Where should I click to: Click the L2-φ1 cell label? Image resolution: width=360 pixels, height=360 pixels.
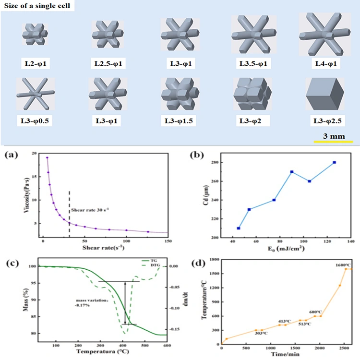pyautogui.click(x=36, y=63)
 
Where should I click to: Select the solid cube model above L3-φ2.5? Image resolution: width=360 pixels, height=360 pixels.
pyautogui.click(x=325, y=94)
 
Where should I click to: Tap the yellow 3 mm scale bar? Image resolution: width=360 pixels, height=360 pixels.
pyautogui.click(x=334, y=142)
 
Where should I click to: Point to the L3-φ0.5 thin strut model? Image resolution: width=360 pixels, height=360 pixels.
pyautogui.click(x=36, y=94)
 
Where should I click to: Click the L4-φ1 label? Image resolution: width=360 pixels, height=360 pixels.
pyautogui.click(x=326, y=63)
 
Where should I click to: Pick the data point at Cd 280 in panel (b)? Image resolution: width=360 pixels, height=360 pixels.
pyautogui.click(x=334, y=162)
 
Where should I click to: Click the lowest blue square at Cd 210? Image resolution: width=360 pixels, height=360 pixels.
pyautogui.click(x=239, y=228)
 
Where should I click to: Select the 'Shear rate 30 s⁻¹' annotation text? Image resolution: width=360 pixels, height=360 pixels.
pyautogui.click(x=90, y=210)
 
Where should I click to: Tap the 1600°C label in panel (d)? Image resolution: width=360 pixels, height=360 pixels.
pyautogui.click(x=344, y=265)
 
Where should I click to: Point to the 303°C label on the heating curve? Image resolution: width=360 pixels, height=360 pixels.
pyautogui.click(x=261, y=333)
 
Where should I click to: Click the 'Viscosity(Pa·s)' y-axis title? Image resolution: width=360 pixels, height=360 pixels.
pyautogui.click(x=27, y=195)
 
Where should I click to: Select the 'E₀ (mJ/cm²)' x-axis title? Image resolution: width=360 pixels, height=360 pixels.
pyautogui.click(x=286, y=249)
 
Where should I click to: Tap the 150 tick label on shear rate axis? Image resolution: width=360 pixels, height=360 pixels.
pyautogui.click(x=168, y=241)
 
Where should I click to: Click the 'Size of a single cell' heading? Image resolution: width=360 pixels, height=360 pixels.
pyautogui.click(x=37, y=6)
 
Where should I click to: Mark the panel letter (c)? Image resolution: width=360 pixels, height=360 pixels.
pyautogui.click(x=12, y=263)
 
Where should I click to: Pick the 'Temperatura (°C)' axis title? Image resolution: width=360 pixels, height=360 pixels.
pyautogui.click(x=103, y=351)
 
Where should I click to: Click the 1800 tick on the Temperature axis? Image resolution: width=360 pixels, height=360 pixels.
pyautogui.click(x=215, y=259)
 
